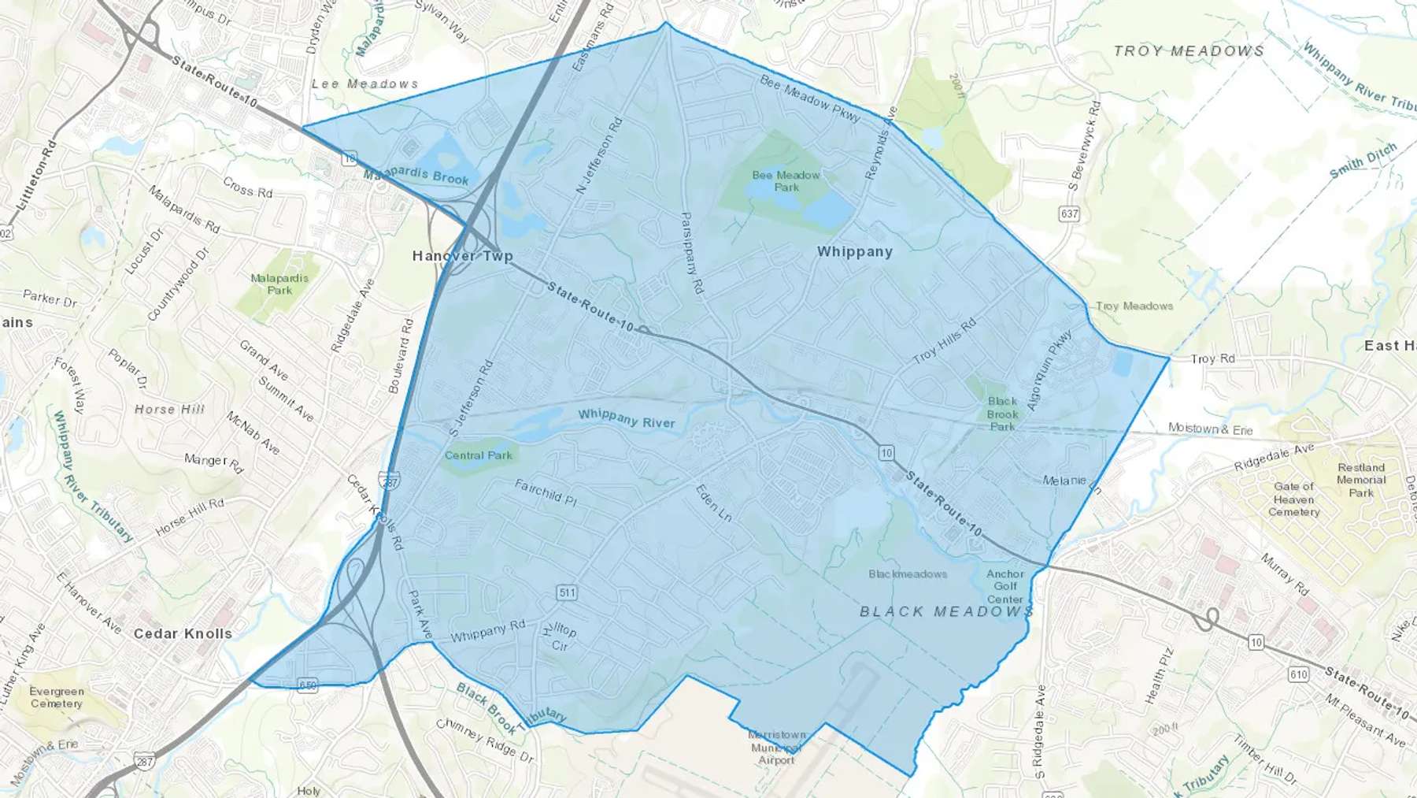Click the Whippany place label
(x=854, y=252)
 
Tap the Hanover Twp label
(x=462, y=256)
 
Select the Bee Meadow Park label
(x=786, y=181)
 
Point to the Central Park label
(x=478, y=455)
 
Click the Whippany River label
(x=627, y=418)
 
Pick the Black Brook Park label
(x=1002, y=414)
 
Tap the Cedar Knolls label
(x=183, y=633)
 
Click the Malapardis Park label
(x=279, y=284)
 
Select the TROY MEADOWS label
(x=1189, y=51)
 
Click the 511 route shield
(x=566, y=592)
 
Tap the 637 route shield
(x=1069, y=213)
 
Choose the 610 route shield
(x=1298, y=674)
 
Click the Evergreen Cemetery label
(x=57, y=697)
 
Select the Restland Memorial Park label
(x=1360, y=480)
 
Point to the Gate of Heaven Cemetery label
(x=1293, y=499)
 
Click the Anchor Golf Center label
(x=1005, y=586)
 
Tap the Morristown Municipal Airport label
(x=777, y=747)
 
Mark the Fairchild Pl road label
(x=546, y=492)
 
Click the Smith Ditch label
(x=1363, y=160)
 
